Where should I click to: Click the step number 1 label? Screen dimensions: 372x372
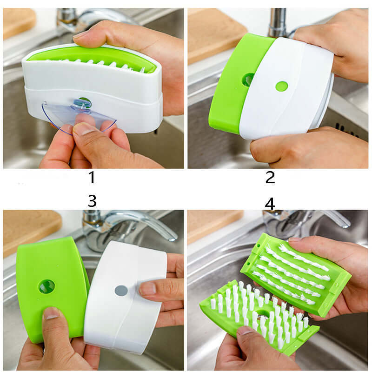pos(92,177)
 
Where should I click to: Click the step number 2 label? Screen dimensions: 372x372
pos(270,177)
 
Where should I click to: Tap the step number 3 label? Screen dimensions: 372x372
pos(92,201)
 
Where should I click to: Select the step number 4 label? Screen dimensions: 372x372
pos(270,203)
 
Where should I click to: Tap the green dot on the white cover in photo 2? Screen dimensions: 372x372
pos(281,86)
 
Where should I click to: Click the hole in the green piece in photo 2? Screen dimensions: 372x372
pos(248,80)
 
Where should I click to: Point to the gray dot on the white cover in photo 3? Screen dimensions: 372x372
pos(121,291)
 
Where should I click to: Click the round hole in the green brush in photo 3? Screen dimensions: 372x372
pos(46,286)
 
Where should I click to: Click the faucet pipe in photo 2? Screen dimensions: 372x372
pos(278,21)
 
